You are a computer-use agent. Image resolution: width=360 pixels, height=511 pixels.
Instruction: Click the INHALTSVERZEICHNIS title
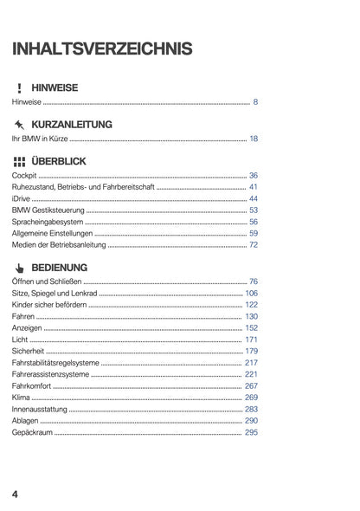coord(102,49)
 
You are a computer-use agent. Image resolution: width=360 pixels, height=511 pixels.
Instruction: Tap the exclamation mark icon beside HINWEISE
coord(18,88)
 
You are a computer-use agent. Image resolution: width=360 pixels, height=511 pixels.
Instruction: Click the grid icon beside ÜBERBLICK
coord(19,161)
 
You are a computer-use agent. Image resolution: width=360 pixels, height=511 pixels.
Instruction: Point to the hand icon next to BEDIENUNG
coord(19,267)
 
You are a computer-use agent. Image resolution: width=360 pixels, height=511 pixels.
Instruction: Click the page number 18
coord(253,139)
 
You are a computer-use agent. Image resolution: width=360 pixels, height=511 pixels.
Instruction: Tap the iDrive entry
coord(22,198)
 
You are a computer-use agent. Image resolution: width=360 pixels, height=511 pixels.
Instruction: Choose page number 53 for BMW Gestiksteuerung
coord(253,210)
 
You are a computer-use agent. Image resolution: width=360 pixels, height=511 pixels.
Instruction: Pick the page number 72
coord(253,245)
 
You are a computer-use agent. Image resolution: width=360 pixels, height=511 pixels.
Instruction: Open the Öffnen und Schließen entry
coord(47,281)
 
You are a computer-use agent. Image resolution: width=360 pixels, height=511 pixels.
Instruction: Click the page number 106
coord(251,293)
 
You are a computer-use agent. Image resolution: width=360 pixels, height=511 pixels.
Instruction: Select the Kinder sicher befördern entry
coord(48,305)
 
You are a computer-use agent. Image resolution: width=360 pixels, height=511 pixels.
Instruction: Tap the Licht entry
coord(20,340)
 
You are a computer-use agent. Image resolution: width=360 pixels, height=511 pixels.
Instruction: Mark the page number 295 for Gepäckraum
coord(251,431)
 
